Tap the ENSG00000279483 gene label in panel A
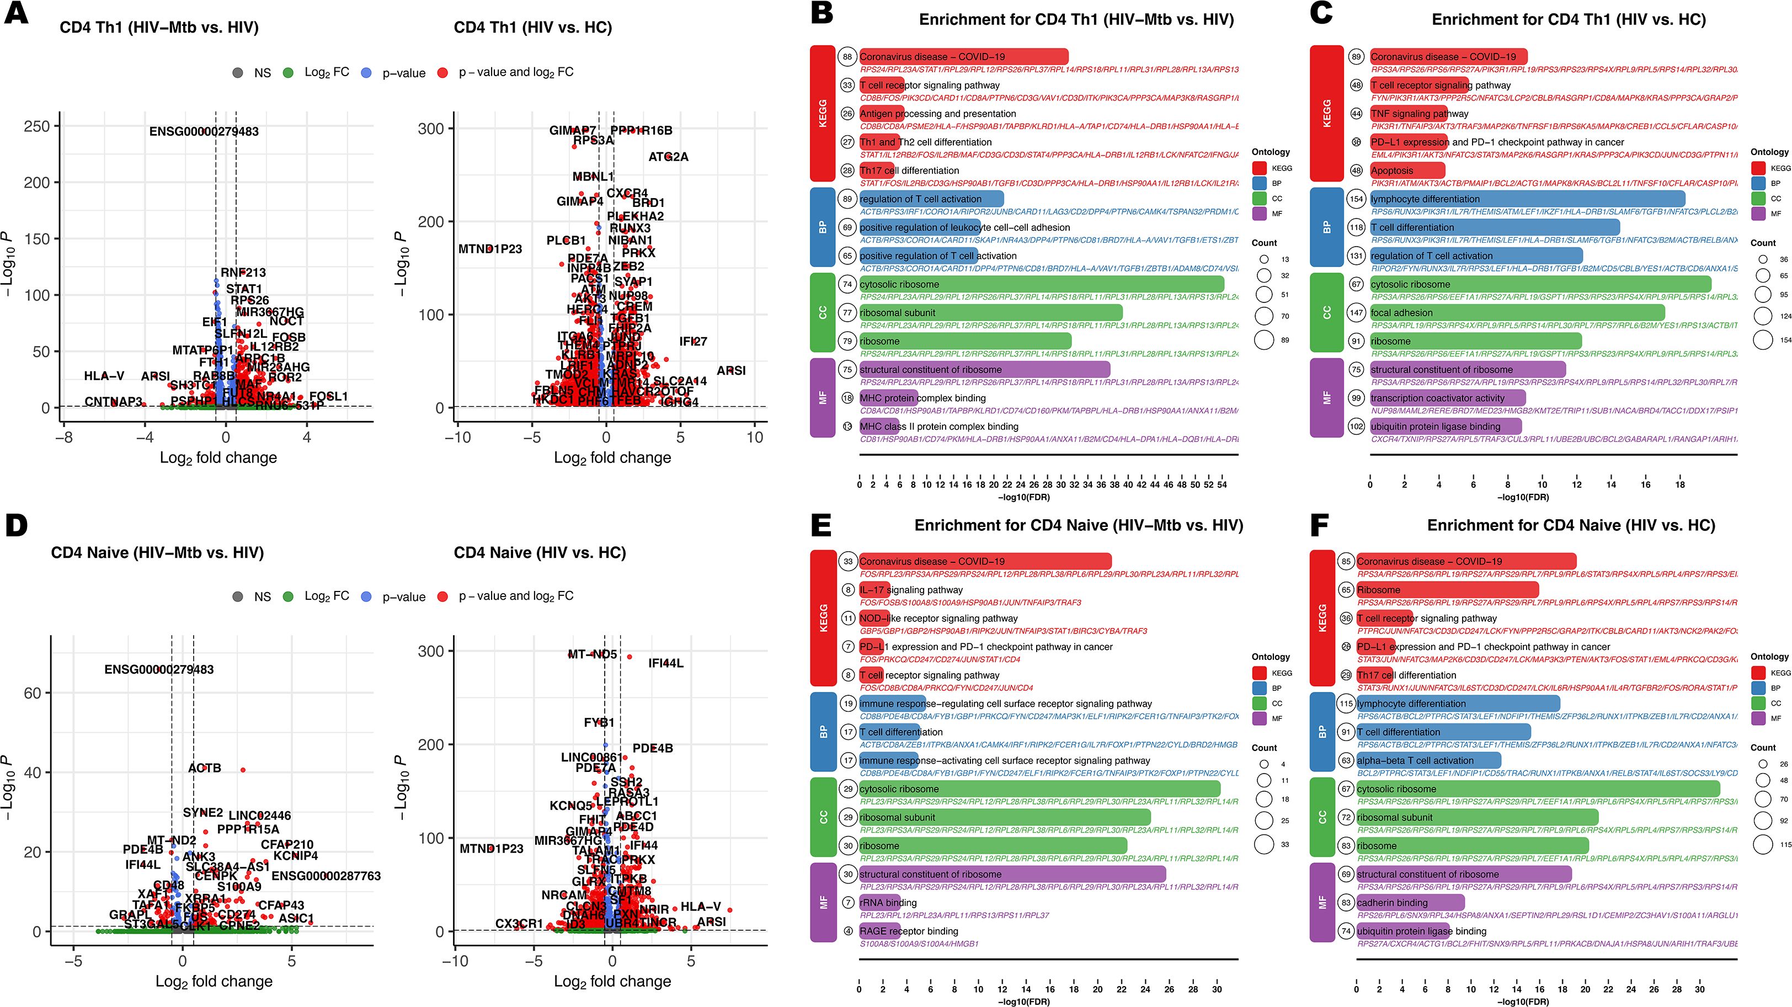coord(204,131)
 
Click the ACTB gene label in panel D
coord(205,768)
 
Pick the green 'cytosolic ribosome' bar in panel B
coord(1042,284)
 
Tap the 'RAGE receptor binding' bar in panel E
coord(879,931)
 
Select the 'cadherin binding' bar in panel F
coord(1410,903)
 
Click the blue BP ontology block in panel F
coord(1322,732)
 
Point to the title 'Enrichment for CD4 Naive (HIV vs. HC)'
coord(1571,525)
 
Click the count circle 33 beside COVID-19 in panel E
coord(847,562)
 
